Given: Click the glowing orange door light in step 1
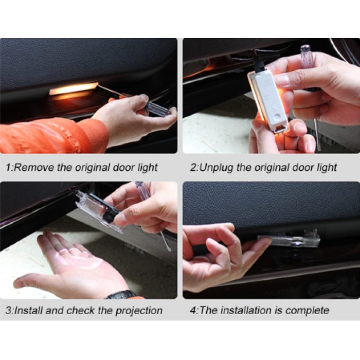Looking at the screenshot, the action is [x=74, y=88].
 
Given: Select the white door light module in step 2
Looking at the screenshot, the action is [x=268, y=101].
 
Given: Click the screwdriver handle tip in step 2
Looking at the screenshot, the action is [x=305, y=49].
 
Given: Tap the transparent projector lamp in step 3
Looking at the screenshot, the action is [x=99, y=210].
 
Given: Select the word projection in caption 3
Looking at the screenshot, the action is [x=139, y=311].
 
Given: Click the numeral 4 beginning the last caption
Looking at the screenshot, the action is [x=193, y=311].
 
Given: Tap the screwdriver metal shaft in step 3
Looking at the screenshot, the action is [x=166, y=241].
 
